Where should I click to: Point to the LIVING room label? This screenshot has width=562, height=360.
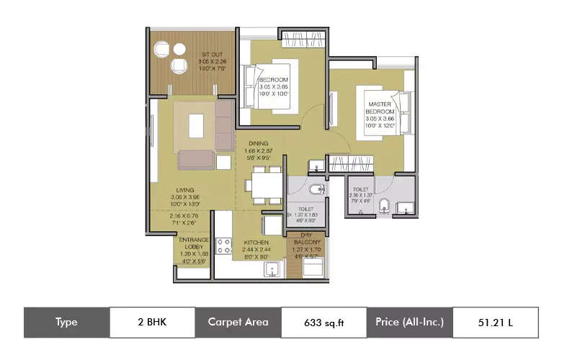click(185, 190)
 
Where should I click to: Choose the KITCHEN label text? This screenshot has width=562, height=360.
click(256, 243)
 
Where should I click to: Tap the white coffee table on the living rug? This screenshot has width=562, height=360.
click(196, 125)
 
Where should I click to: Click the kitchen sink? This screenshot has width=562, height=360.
click(273, 270)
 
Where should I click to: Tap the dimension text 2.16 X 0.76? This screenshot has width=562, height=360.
click(185, 216)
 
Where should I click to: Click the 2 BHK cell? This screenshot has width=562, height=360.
click(152, 322)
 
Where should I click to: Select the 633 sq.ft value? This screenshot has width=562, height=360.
click(324, 322)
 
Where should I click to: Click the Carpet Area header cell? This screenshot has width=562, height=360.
click(238, 322)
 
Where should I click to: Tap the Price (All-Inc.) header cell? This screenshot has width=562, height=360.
click(409, 322)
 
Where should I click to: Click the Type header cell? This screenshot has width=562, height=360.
click(66, 322)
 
